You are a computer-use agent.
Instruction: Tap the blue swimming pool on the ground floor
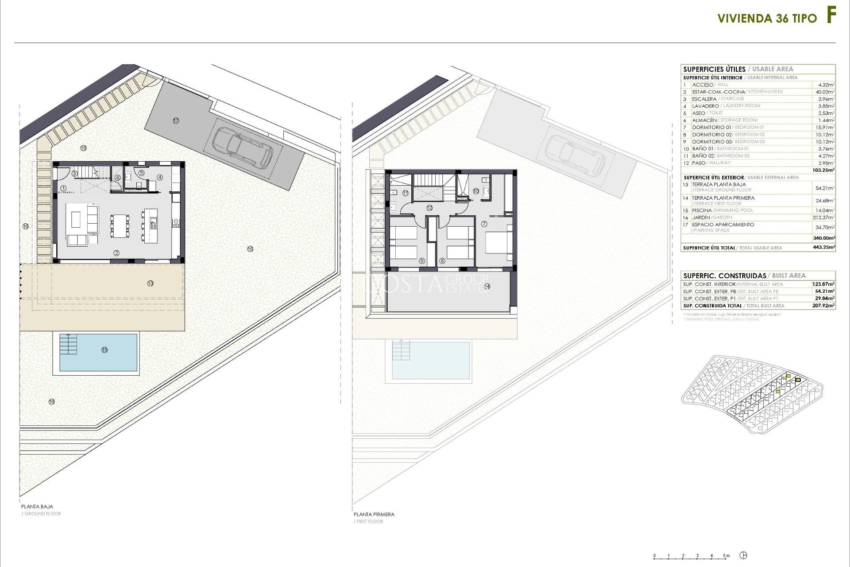[x=98, y=352]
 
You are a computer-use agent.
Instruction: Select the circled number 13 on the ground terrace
[x=151, y=283]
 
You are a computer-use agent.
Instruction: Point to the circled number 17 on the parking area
[x=176, y=120]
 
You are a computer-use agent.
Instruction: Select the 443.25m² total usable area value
[x=825, y=248]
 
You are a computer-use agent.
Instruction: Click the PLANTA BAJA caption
[x=37, y=506]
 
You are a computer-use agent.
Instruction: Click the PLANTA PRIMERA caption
[x=374, y=514]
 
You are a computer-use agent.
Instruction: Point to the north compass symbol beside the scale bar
[x=745, y=555]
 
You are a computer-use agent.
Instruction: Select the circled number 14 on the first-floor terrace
[x=487, y=287]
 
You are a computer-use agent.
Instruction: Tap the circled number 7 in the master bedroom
[x=484, y=224]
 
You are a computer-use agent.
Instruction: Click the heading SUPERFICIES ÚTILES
[x=714, y=69]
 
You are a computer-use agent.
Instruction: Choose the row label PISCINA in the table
[x=702, y=210]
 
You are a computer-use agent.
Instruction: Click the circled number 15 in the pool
[x=104, y=350]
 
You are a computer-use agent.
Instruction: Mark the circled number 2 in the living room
[x=116, y=253]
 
